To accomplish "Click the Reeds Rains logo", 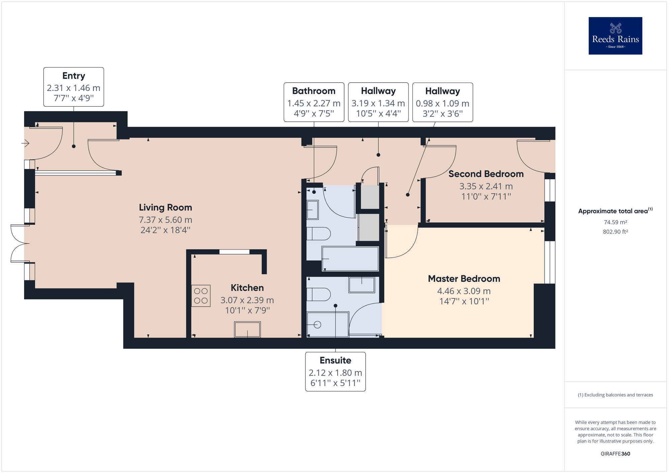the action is pos(615,36).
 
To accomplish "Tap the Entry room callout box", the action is pos(74,87).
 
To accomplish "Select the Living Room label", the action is pos(165,207).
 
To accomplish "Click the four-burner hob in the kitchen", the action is pos(201,296).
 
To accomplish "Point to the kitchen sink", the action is pos(247,329).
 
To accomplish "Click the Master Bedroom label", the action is pos(464,279).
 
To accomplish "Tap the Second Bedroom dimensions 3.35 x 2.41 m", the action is pos(486,186).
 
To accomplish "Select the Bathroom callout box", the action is pos(314,102).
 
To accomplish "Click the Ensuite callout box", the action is pos(335,372).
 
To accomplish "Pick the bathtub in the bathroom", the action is pos(350,259).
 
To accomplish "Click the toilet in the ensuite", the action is pos(318,294).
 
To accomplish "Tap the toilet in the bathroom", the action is pos(318,233).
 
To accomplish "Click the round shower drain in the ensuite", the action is pos(317,324).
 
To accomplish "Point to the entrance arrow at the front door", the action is pos(25,144).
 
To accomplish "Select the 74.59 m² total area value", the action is pos(615,222).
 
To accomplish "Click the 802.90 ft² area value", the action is pos(615,231).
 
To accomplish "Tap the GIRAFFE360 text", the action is pos(615,454).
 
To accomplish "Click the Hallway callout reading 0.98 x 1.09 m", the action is pos(443,102).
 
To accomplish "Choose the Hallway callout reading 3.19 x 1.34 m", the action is pos(378,102).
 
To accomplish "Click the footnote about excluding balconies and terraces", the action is pos(615,395).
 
